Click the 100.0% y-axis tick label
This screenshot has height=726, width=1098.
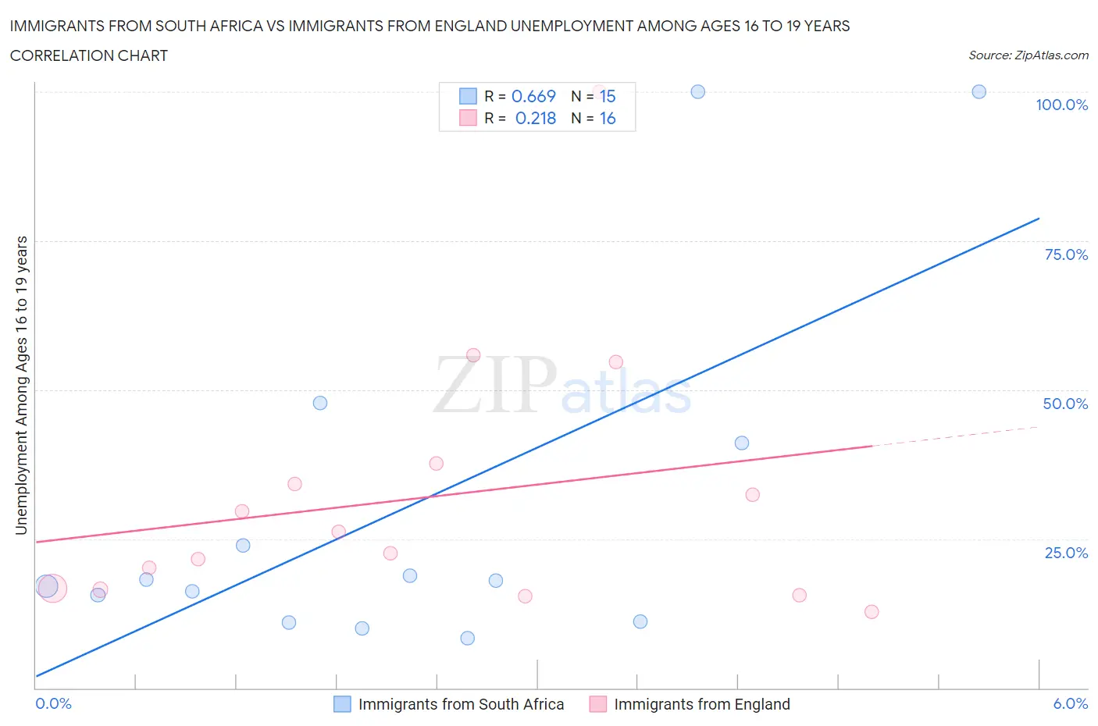click(x=1061, y=105)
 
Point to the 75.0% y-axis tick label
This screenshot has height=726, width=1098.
click(x=1066, y=254)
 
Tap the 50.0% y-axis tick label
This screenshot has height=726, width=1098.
click(x=1065, y=404)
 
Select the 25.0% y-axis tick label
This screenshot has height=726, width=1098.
click(x=1066, y=553)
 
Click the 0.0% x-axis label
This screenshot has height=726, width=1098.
click(x=53, y=703)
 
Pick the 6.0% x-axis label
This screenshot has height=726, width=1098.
click(x=1070, y=703)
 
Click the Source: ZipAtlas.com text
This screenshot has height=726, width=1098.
click(x=1028, y=55)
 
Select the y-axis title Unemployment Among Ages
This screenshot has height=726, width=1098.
click(x=21, y=385)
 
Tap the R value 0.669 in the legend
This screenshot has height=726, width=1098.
click(x=533, y=96)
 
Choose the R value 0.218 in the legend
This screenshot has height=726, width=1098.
click(x=536, y=118)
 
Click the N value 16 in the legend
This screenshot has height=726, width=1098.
click(x=608, y=118)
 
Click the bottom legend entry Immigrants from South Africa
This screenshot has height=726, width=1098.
click(x=461, y=704)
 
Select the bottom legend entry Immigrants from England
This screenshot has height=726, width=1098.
click(x=701, y=704)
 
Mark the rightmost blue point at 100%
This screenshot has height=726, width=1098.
click(x=979, y=91)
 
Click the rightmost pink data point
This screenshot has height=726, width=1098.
click(x=872, y=611)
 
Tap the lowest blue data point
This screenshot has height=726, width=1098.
click(x=467, y=638)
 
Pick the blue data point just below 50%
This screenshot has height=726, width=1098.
click(x=319, y=403)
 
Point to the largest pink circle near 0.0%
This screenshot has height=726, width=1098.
click(x=52, y=589)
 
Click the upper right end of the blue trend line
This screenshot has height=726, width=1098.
click(x=1039, y=219)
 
